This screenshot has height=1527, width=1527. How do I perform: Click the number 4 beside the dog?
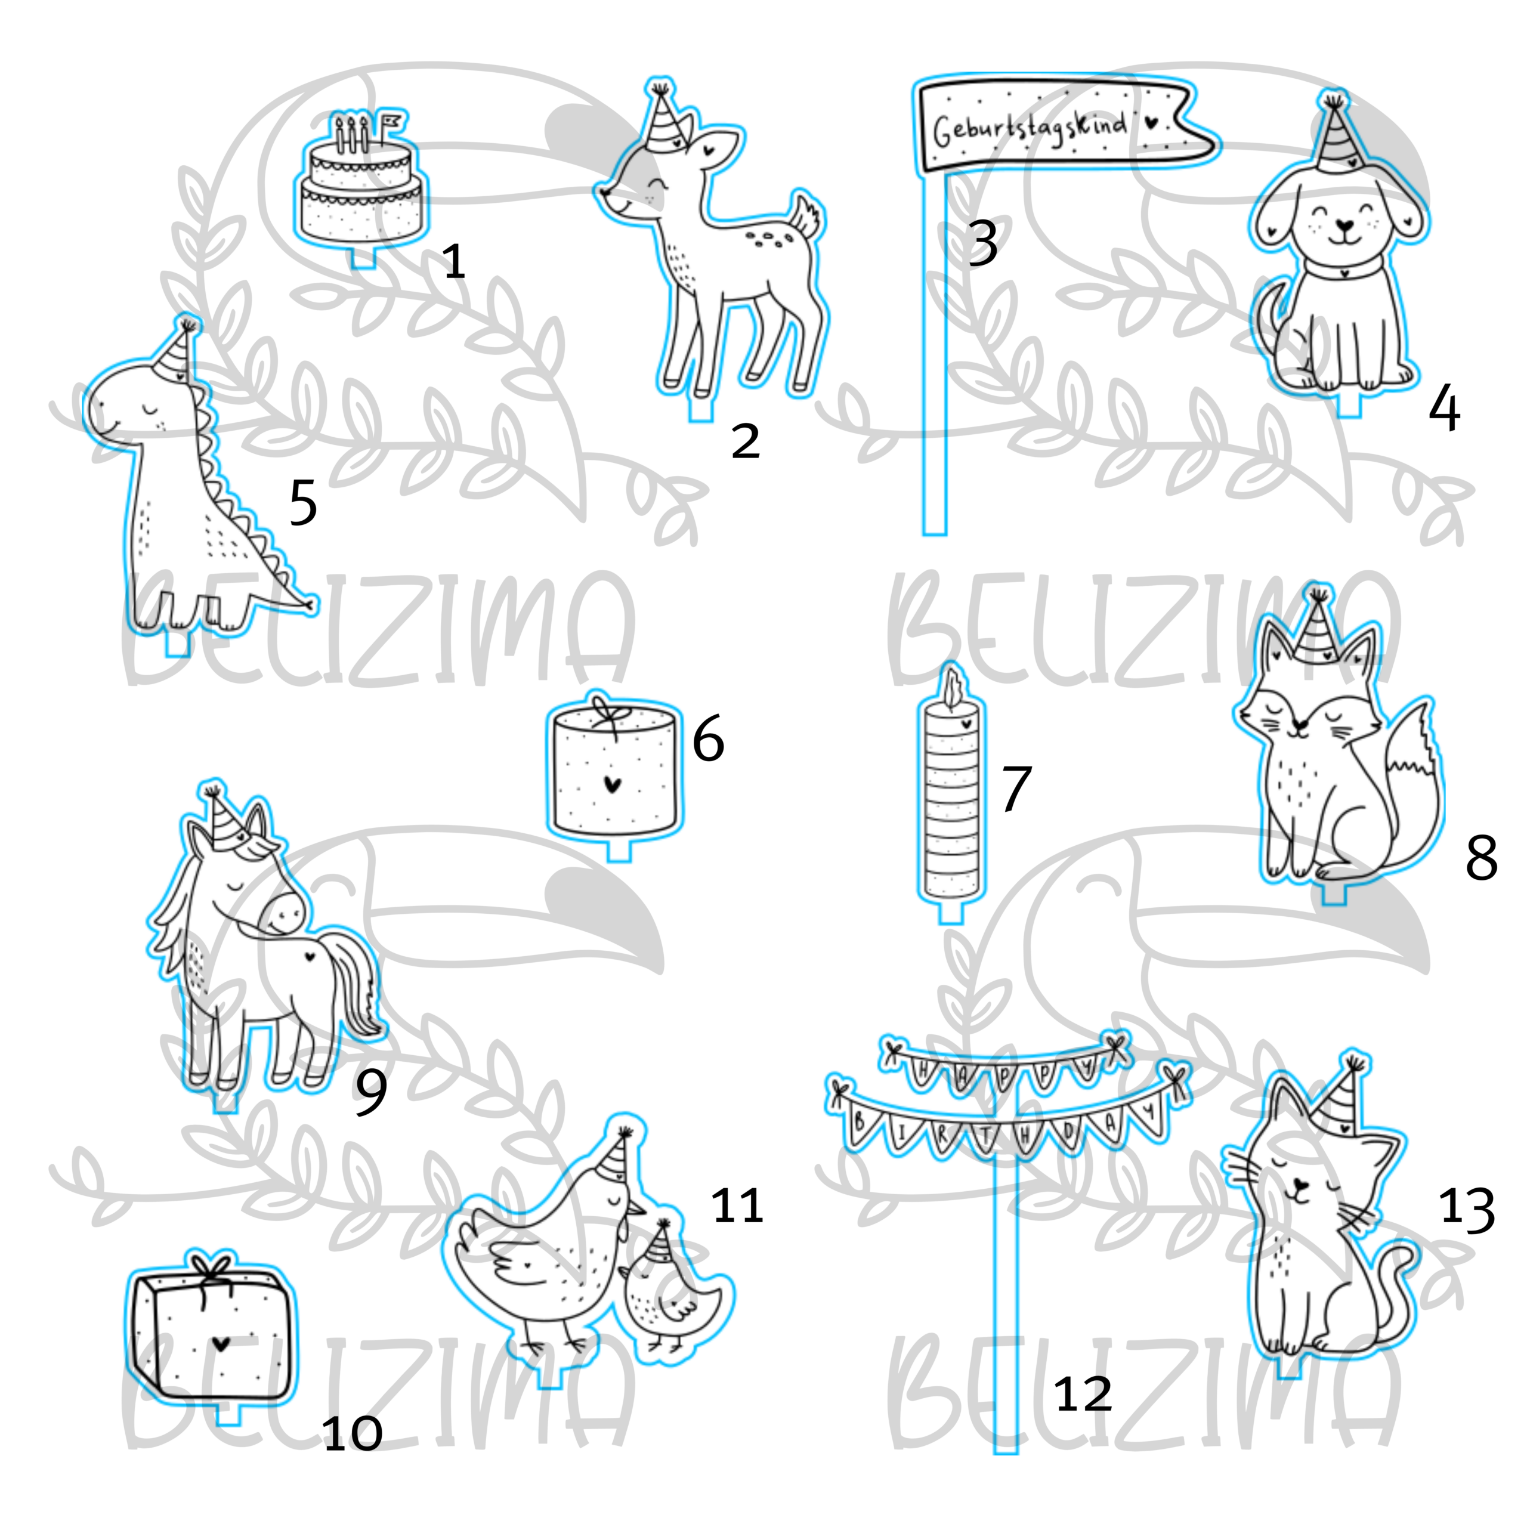(x=1444, y=409)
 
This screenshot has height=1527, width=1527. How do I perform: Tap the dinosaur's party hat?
(x=175, y=351)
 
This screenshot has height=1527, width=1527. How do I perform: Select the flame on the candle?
(x=953, y=688)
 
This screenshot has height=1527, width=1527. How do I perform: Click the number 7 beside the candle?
(x=1016, y=788)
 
